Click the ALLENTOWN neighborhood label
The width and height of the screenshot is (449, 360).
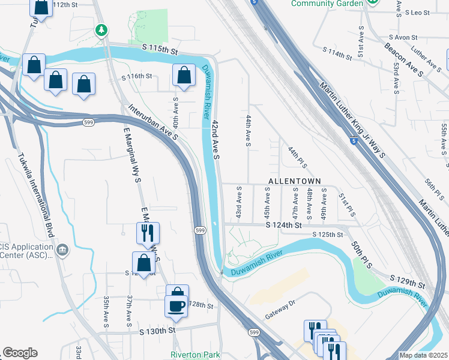pyautogui.click(x=294, y=181)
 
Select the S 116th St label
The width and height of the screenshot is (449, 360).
pyautogui.click(x=137, y=77)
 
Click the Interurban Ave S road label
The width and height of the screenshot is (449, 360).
pyautogui.click(x=154, y=123)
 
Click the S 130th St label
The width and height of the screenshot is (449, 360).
pyautogui.click(x=157, y=331)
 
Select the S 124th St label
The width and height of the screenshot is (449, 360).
pyautogui.click(x=283, y=226)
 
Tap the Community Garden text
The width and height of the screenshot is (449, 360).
pyautogui.click(x=327, y=4)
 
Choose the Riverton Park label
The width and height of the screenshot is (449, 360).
pyautogui.click(x=196, y=355)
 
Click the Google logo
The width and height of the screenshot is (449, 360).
pyautogui.click(x=19, y=353)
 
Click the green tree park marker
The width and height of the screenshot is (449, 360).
pyautogui.click(x=102, y=29)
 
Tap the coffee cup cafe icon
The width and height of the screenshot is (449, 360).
pyautogui.click(x=176, y=305)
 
